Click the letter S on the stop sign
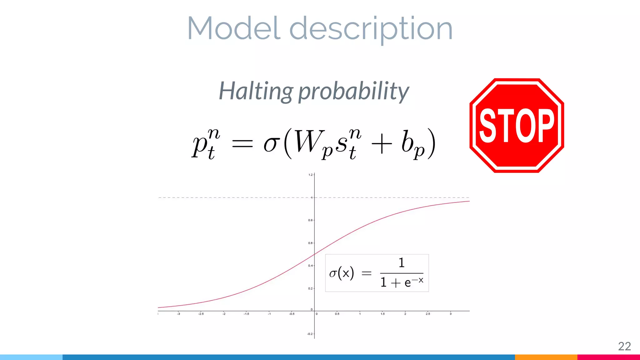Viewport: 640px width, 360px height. click(x=489, y=126)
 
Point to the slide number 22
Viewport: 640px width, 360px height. click(x=624, y=346)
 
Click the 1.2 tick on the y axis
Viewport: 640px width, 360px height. click(x=310, y=175)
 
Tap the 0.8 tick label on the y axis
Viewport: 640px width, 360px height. click(x=310, y=220)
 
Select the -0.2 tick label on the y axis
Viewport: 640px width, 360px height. click(x=310, y=334)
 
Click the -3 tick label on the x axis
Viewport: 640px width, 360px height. click(x=178, y=314)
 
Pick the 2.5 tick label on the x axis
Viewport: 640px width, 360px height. click(x=427, y=314)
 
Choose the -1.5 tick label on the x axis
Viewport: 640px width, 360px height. click(x=246, y=314)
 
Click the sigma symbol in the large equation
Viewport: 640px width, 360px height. click(x=271, y=144)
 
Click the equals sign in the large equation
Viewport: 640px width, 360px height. click(x=242, y=144)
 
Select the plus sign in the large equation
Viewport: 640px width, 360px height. click(x=382, y=145)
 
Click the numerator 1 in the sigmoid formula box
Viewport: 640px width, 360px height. click(x=402, y=263)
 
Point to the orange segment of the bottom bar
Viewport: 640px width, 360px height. click(x=546, y=357)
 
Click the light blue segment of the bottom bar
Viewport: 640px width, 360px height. click(x=31, y=357)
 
